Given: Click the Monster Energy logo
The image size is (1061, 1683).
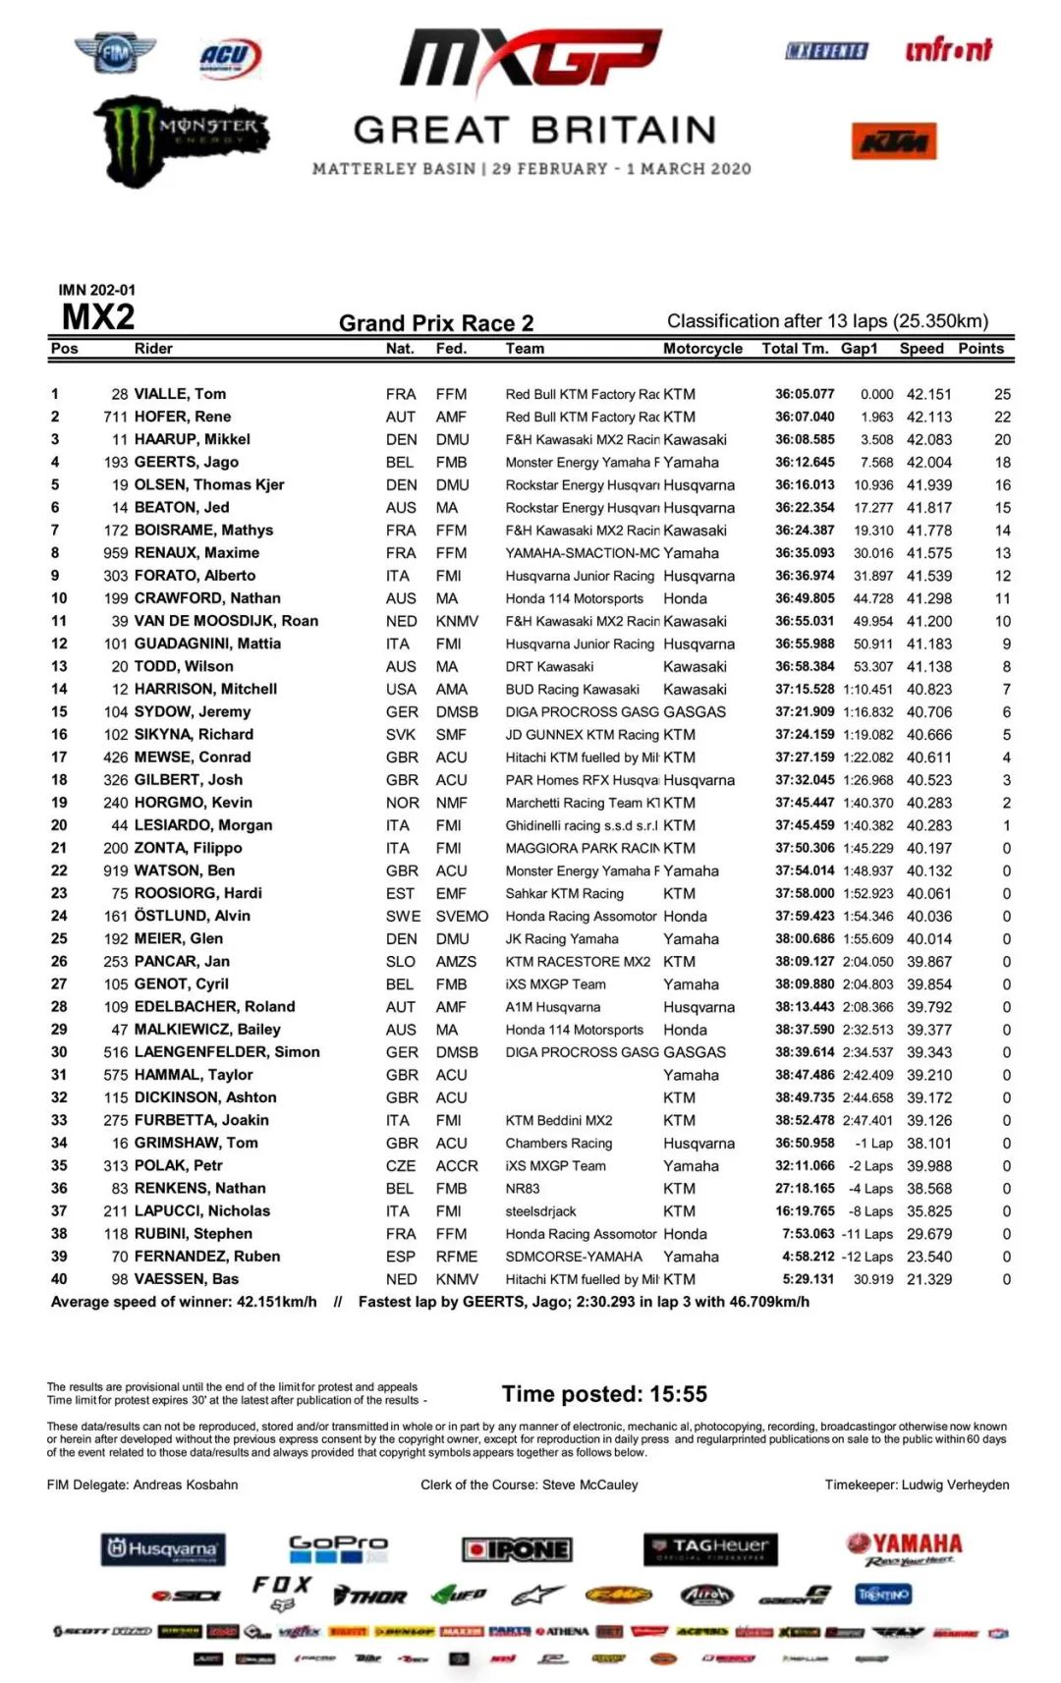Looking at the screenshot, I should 182,140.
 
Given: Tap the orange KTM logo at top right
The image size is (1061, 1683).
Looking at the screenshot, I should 893,141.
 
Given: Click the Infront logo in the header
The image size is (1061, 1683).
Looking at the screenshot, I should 948,50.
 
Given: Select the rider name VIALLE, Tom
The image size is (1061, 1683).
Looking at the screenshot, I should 180,394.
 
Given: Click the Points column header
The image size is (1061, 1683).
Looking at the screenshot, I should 980,349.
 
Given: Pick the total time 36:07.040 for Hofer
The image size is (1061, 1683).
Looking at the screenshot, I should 804,417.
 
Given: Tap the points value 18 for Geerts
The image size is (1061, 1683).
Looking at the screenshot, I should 1002,462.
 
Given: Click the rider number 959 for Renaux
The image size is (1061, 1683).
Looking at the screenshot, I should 116,553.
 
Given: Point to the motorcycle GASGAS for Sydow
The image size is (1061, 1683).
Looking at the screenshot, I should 694,711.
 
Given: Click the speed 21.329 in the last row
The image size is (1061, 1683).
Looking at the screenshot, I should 928,1279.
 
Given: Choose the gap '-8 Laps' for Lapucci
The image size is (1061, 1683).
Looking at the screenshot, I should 871,1211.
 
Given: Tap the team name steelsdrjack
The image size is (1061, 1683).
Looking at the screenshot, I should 540,1211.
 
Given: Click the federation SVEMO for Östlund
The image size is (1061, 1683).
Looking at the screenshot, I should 462,916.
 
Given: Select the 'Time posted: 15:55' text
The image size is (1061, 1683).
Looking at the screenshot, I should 604,1393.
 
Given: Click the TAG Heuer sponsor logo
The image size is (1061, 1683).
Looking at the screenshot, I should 710,1548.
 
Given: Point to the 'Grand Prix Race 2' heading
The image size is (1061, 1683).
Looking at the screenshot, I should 436,323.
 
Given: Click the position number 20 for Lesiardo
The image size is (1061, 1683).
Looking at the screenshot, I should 59,825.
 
